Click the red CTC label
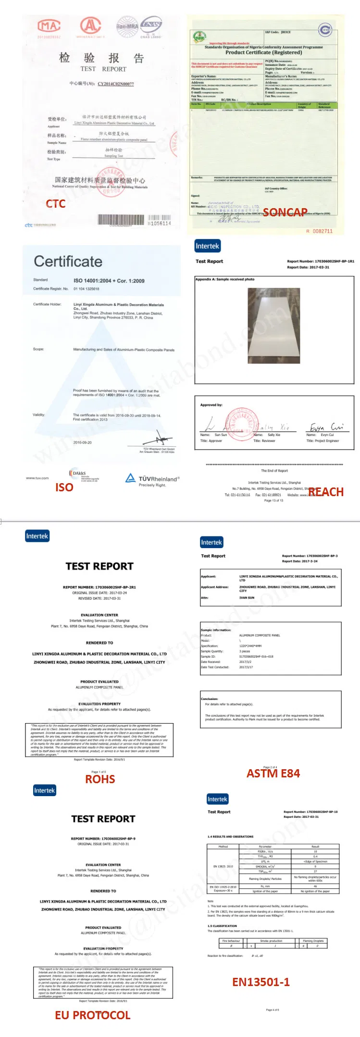pyautogui.click(x=56, y=204)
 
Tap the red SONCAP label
pyautogui.click(x=285, y=212)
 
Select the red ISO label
pyautogui.click(x=64, y=487)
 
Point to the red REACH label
pyautogui.click(x=326, y=492)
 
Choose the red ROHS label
pyautogui.click(x=100, y=779)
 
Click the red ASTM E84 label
pyautogui.click(x=273, y=774)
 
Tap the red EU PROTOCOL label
pyautogui.click(x=92, y=1015)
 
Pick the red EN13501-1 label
pyautogui.click(x=261, y=982)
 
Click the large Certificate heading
pyautogui.click(x=68, y=262)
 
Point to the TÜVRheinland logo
pyautogui.click(x=152, y=479)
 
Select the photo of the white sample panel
pyautogui.click(x=274, y=327)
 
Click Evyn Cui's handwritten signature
pyautogui.click(x=326, y=427)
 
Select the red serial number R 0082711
pyautogui.click(x=319, y=231)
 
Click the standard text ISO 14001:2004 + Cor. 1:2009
pyautogui.click(x=109, y=281)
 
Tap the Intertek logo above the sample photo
pyautogui.click(x=207, y=246)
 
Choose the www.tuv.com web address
pyautogui.click(x=37, y=478)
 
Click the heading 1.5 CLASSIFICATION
pyautogui.click(x=222, y=925)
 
